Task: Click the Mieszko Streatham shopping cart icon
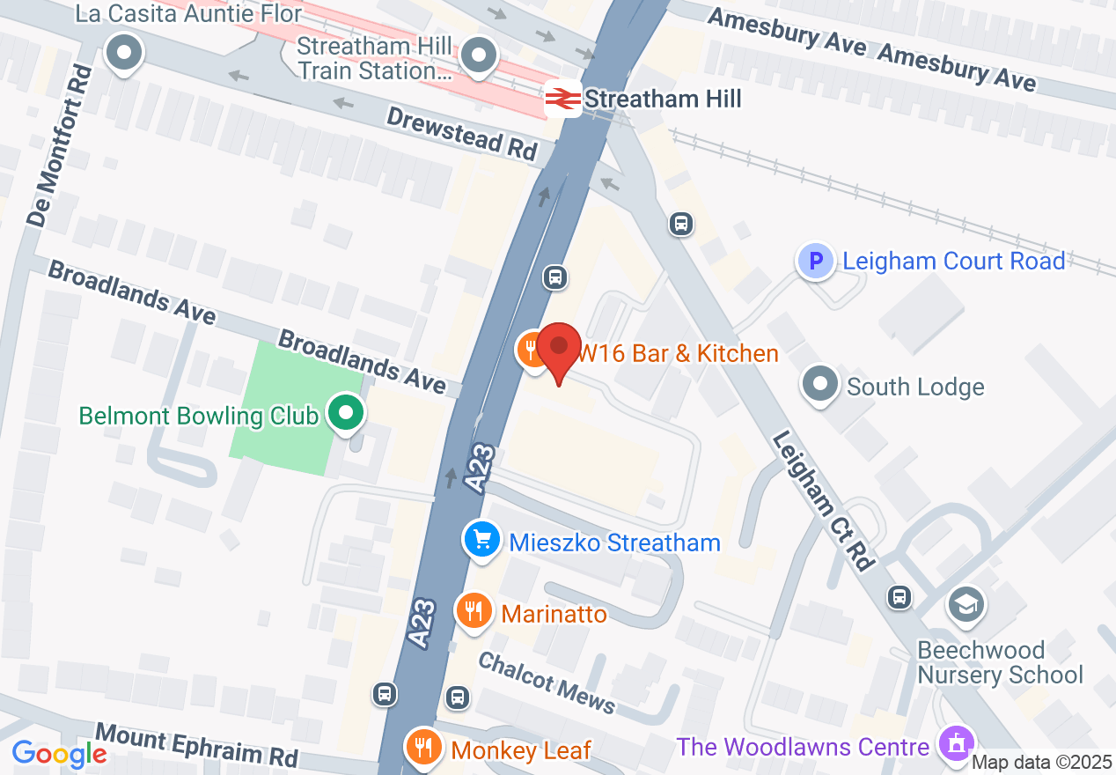[x=481, y=540]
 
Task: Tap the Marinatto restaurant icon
[x=474, y=609]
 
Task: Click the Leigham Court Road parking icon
[x=816, y=261]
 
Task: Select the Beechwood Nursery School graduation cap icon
[x=966, y=604]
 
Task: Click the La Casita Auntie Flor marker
[x=124, y=53]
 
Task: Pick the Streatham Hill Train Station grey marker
[x=479, y=55]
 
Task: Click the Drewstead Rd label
[x=461, y=132]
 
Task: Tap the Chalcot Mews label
[x=547, y=681]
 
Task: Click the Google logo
[x=59, y=753]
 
